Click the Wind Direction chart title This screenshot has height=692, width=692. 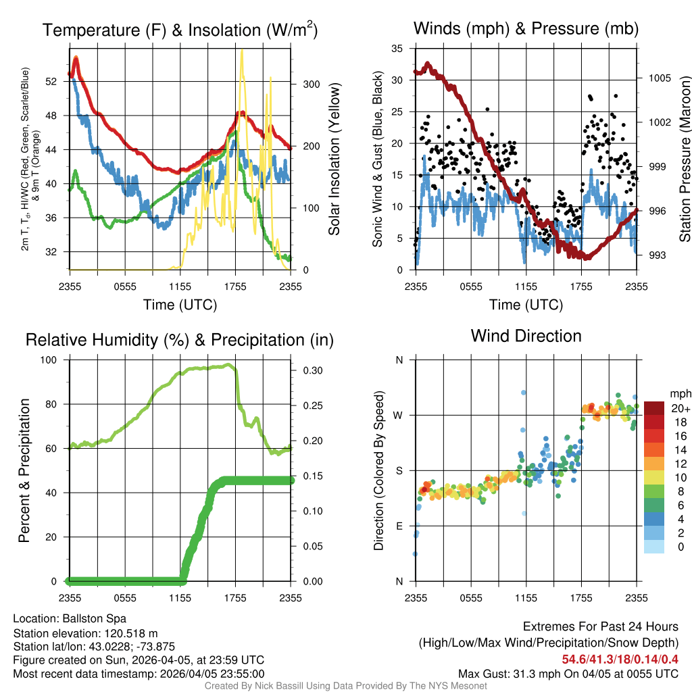click(x=526, y=336)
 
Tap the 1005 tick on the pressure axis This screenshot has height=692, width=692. click(x=658, y=78)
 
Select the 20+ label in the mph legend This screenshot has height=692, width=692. click(x=680, y=409)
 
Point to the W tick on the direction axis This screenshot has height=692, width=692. click(x=399, y=415)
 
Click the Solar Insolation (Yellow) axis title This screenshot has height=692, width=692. click(x=335, y=159)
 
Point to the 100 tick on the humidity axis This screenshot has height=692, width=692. click(x=52, y=360)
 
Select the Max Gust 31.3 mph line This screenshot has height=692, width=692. click(x=568, y=673)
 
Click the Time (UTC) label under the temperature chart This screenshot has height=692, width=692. click(x=180, y=305)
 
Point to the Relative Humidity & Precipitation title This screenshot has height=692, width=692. click(x=179, y=340)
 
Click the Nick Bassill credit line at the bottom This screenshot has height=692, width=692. click(x=345, y=685)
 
